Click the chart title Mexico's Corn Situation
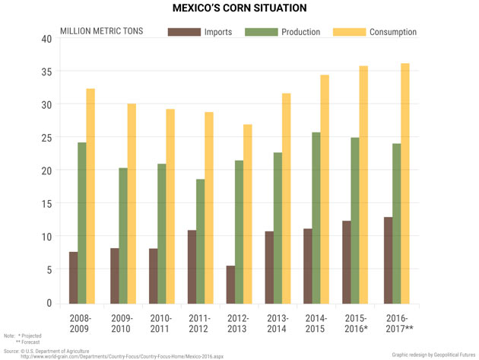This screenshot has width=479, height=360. point(239,8)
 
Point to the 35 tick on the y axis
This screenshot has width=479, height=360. point(46,72)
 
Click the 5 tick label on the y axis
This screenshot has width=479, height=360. point(49,270)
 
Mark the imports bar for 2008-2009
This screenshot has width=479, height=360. point(74,277)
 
